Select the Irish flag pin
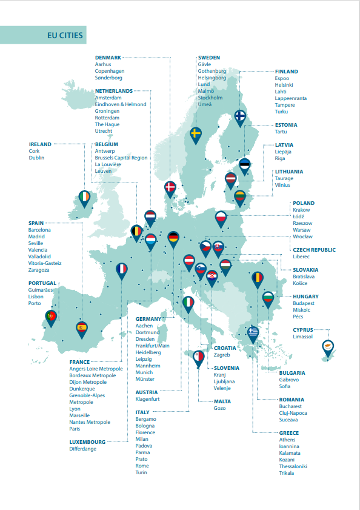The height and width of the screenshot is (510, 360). click(x=84, y=198)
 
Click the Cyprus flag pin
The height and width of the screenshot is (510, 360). click(x=329, y=347)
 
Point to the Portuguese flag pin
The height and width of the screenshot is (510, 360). click(x=52, y=317)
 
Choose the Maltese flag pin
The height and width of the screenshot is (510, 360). click(x=199, y=357)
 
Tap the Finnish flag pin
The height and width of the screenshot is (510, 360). click(x=240, y=115)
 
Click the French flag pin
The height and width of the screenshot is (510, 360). click(x=122, y=269)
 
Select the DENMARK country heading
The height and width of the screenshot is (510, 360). click(x=108, y=58)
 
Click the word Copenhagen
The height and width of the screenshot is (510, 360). click(x=110, y=71)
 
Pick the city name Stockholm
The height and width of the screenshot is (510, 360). click(x=210, y=98)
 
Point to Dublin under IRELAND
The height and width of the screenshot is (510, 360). click(x=37, y=158)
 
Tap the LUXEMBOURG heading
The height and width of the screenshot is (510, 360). click(x=88, y=442)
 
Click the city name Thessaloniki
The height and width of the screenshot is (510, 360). click(x=293, y=466)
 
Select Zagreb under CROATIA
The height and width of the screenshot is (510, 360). click(x=222, y=355)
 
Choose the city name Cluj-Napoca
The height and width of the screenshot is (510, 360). click(x=293, y=413)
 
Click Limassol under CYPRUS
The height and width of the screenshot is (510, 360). click(x=304, y=337)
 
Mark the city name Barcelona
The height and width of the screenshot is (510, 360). click(x=40, y=230)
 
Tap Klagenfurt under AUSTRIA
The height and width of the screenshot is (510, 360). click(x=148, y=399)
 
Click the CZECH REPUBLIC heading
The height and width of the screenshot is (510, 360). click(x=314, y=250)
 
